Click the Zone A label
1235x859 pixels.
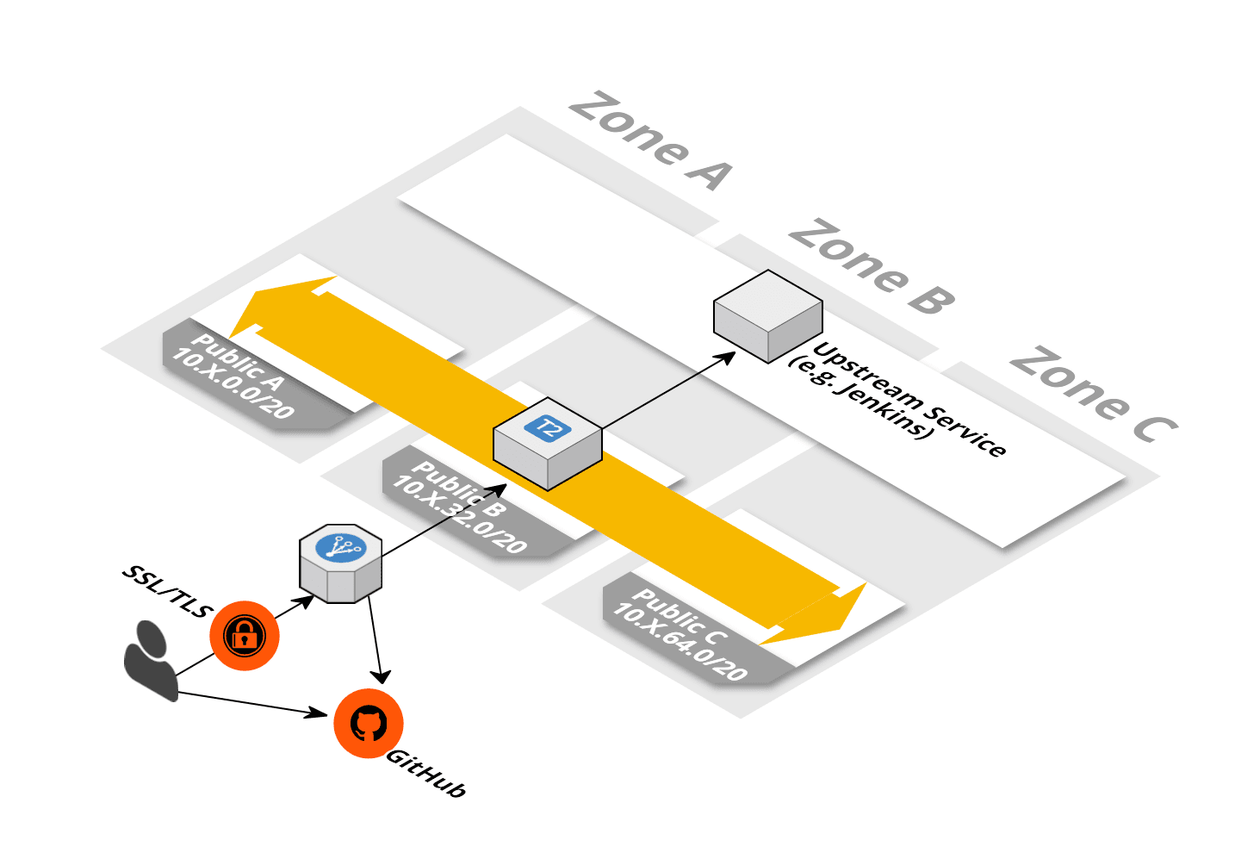point(650,140)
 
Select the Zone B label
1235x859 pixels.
point(872,267)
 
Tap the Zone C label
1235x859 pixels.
point(1092,395)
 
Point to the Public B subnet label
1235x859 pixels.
point(459,506)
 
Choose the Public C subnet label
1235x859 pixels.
point(680,632)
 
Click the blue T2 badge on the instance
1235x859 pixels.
point(548,427)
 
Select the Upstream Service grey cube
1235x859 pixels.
point(767,315)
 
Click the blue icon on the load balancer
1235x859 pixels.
point(341,548)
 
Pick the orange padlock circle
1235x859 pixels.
point(245,636)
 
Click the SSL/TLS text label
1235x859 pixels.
point(167,591)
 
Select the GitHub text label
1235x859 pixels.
point(426,773)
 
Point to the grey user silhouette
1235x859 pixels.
point(150,659)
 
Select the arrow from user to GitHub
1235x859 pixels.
point(250,703)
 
